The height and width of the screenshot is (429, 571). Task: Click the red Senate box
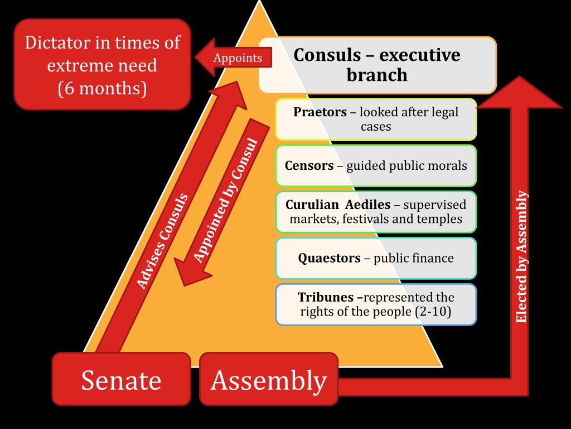point(121,380)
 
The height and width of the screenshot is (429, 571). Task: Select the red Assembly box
point(268,380)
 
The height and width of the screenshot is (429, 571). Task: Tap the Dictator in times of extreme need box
point(102,65)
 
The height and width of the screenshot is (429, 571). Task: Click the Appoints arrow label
point(238,58)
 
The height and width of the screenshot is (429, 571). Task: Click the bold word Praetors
point(320,112)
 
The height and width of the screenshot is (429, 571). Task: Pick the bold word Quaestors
point(329,258)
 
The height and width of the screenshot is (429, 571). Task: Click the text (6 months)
point(102,88)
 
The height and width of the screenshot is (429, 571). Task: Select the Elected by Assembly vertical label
point(521,257)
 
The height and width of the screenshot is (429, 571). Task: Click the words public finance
point(413,258)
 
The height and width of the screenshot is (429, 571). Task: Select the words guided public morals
point(407,166)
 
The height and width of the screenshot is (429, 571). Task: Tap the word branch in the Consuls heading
point(377,75)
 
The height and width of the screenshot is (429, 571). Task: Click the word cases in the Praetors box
point(376,126)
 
